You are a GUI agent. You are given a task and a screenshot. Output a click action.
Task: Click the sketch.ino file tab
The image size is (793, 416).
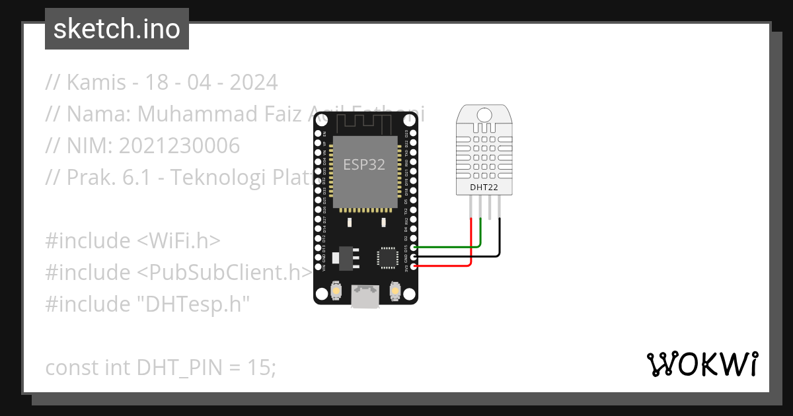(x=117, y=29)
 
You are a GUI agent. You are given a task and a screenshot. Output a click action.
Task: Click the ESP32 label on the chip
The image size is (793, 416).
(x=363, y=165)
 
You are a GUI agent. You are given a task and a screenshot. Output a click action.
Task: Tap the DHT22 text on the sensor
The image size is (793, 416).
(x=484, y=188)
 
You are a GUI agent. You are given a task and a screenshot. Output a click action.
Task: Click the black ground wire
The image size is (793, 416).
(x=463, y=256)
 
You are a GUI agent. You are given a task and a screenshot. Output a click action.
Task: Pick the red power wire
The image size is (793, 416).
(x=443, y=265)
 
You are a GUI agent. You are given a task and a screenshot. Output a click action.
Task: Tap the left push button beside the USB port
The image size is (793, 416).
(x=336, y=290)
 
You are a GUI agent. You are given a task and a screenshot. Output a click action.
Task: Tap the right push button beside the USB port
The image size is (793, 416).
(x=395, y=290)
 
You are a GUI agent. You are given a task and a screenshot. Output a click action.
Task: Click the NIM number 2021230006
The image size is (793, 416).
(x=179, y=146)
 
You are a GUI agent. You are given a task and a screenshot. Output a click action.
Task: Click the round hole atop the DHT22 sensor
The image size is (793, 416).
(x=485, y=115)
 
